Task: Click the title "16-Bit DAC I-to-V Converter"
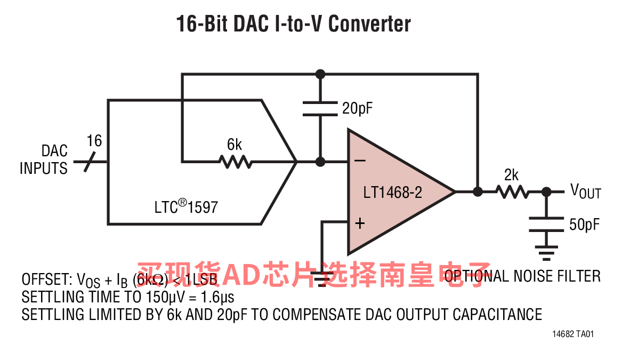[x=294, y=24]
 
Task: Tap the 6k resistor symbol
[x=235, y=161]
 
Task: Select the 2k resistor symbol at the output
[x=511, y=191]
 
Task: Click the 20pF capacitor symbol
[x=320, y=108]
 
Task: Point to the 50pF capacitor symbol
[x=546, y=225]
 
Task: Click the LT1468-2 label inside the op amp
[x=392, y=192]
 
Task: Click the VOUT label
[x=585, y=190]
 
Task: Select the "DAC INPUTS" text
[x=44, y=160]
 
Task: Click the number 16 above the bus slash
[x=94, y=141]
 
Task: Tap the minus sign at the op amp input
[x=360, y=160]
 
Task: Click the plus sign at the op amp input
[x=360, y=223]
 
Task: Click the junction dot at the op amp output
[x=478, y=191]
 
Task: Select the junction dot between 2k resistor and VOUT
[x=546, y=191]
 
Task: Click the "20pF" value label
[x=357, y=109]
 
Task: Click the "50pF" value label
[x=584, y=225]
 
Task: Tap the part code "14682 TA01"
[x=573, y=334]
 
